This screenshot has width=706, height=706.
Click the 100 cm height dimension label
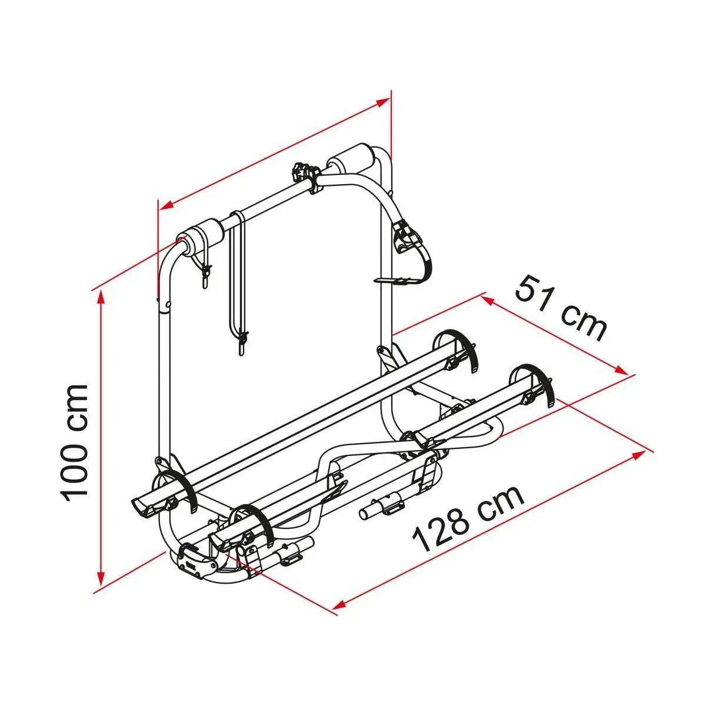point(75,442)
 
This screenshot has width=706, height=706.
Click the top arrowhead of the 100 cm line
point(101,300)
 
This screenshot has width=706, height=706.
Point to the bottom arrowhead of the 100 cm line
point(101,585)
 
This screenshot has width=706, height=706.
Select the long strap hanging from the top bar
point(238,282)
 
